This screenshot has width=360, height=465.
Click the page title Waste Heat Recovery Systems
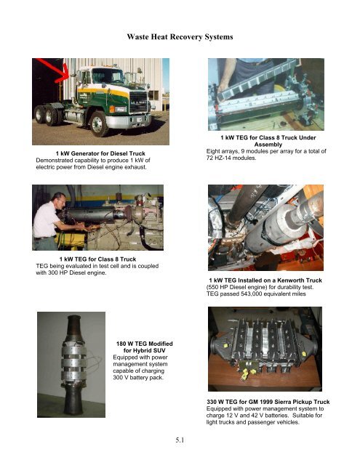(x=180, y=36)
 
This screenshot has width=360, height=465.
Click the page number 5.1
(x=179, y=439)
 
